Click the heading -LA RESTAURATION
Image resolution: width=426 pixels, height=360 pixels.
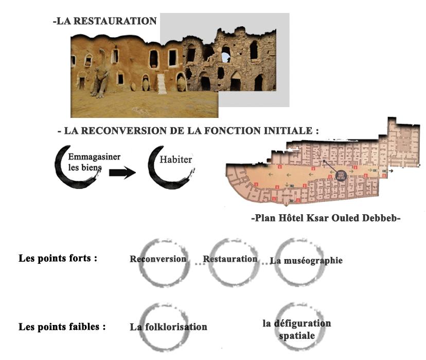point(104,21)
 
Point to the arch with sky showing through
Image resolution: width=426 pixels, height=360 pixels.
point(225,54)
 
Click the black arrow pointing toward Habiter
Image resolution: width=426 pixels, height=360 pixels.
point(122,173)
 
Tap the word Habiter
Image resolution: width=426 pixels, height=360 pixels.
point(175,160)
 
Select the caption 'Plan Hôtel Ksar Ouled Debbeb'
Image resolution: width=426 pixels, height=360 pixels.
point(326,218)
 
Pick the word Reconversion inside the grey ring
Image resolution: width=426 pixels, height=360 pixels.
point(158,259)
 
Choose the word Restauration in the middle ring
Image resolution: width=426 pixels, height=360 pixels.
point(230,259)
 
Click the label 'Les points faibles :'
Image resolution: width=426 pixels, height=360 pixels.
point(62,327)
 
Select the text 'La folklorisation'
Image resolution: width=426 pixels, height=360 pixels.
point(168,327)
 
